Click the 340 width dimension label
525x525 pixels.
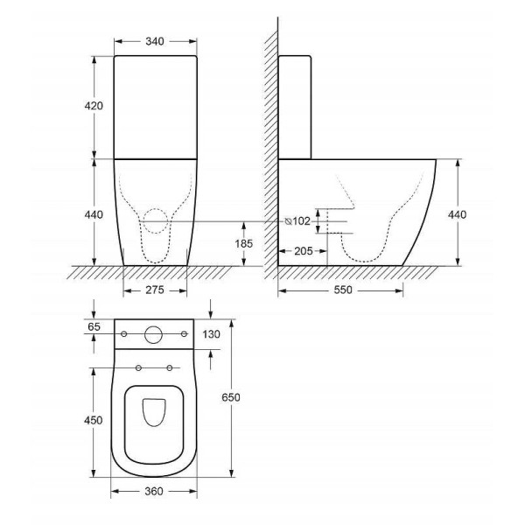click(155, 41)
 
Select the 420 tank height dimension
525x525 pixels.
click(94, 106)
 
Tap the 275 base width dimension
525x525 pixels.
click(155, 290)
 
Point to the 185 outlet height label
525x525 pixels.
click(243, 243)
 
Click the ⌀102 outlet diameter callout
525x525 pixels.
click(297, 221)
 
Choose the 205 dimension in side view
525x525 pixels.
click(304, 251)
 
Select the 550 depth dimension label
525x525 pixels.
click(343, 290)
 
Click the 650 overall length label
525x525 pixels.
click(231, 397)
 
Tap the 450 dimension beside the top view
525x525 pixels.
click(93, 420)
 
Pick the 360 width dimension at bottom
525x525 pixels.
click(154, 491)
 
